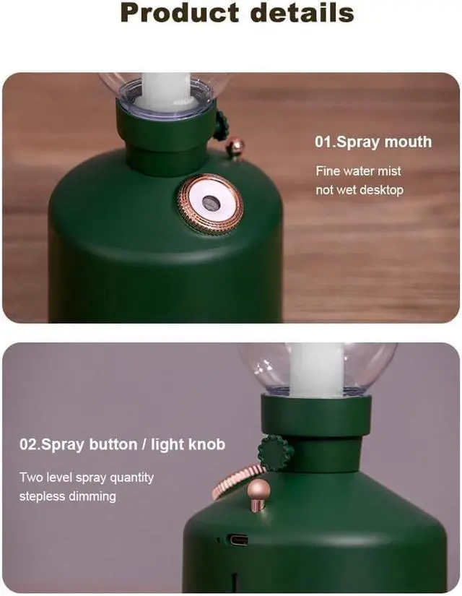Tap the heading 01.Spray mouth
click(x=372, y=142)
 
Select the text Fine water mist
click(x=358, y=171)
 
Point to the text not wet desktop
click(x=359, y=190)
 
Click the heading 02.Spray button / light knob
click(x=122, y=444)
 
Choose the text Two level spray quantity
click(x=87, y=478)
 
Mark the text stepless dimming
click(x=67, y=496)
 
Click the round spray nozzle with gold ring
click(x=211, y=203)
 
